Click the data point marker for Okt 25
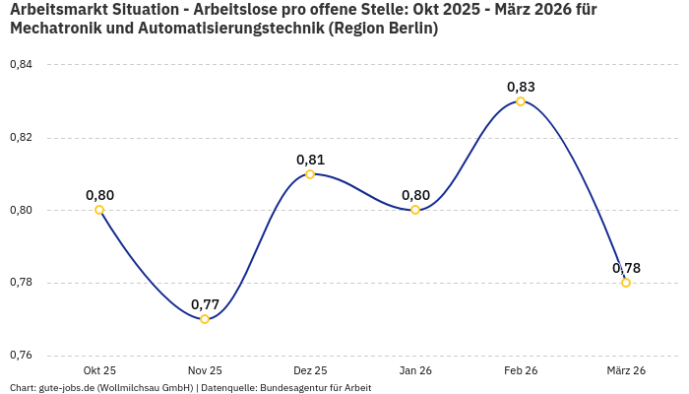pyautogui.click(x=99, y=210)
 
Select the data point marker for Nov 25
pyautogui.click(x=205, y=319)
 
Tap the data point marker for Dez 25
pyautogui.click(x=310, y=174)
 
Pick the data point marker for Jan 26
pyautogui.click(x=415, y=210)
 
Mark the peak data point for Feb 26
pyautogui.click(x=521, y=101)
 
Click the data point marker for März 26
pyautogui.click(x=626, y=283)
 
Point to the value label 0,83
pyautogui.click(x=521, y=87)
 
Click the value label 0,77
pyautogui.click(x=205, y=303)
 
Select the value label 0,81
pyautogui.click(x=310, y=160)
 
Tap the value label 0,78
pyautogui.click(x=626, y=268)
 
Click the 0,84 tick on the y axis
pyautogui.click(x=21, y=65)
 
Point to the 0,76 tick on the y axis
pyautogui.click(x=21, y=356)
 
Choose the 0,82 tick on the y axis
pyautogui.click(x=21, y=138)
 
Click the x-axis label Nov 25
pyautogui.click(x=205, y=370)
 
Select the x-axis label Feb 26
pyautogui.click(x=521, y=370)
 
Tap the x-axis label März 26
pyautogui.click(x=626, y=370)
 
